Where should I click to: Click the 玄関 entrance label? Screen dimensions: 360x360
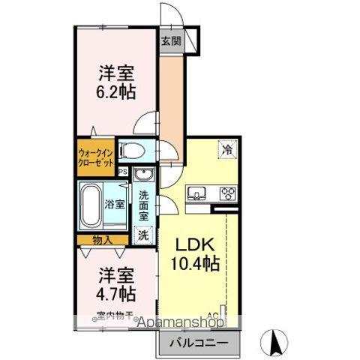coord(170,43)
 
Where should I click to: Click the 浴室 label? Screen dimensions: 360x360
coord(115,204)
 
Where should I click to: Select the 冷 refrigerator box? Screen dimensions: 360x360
coord(226,150)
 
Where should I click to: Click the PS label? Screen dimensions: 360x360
coord(122,171)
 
